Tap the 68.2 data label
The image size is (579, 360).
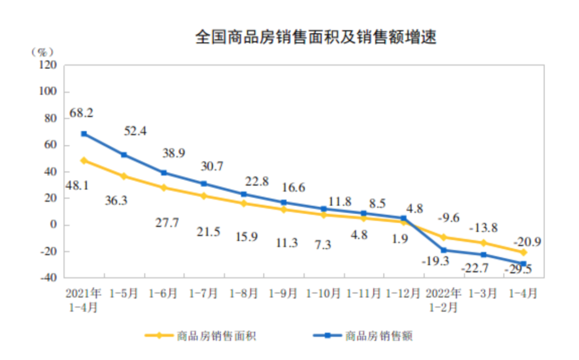click(x=81, y=113)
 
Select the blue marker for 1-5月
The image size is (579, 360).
click(x=124, y=155)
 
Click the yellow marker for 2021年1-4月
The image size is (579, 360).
click(x=84, y=160)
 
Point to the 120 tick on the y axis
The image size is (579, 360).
click(x=48, y=65)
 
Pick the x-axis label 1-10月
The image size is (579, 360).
click(x=323, y=294)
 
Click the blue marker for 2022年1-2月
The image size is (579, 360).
click(x=443, y=250)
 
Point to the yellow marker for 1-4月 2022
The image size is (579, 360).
click(x=523, y=252)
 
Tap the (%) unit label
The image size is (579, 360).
click(x=42, y=51)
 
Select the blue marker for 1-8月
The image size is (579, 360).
click(x=243, y=194)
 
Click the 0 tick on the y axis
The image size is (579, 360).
click(x=54, y=225)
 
